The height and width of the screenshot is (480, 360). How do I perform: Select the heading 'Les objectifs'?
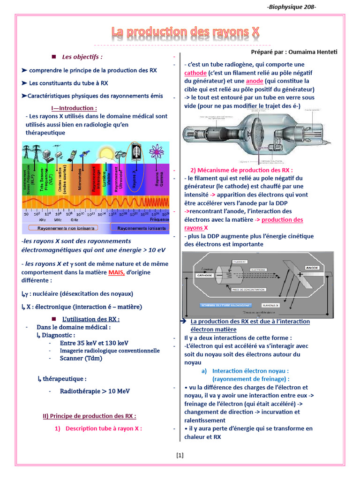(x=82, y=57)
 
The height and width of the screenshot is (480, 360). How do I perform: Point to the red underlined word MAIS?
(x=117, y=272)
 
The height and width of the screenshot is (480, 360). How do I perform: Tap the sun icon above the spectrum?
(x=104, y=153)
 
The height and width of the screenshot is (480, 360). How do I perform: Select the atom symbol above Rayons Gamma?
(x=156, y=152)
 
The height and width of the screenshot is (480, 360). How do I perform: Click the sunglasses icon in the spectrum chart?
(x=120, y=154)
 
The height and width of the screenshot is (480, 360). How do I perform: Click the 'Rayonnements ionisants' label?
(x=141, y=228)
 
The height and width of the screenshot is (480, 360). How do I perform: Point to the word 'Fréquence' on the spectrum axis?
(x=159, y=219)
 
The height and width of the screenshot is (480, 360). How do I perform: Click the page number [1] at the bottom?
(x=180, y=455)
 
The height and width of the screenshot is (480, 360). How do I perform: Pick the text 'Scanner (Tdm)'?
(x=81, y=358)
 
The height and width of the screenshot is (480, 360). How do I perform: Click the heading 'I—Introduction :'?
(x=79, y=108)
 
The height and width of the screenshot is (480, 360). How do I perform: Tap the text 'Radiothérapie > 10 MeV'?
(x=95, y=391)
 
